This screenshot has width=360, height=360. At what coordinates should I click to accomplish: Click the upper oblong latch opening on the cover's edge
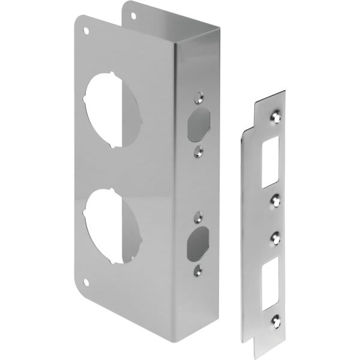point(196,123)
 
